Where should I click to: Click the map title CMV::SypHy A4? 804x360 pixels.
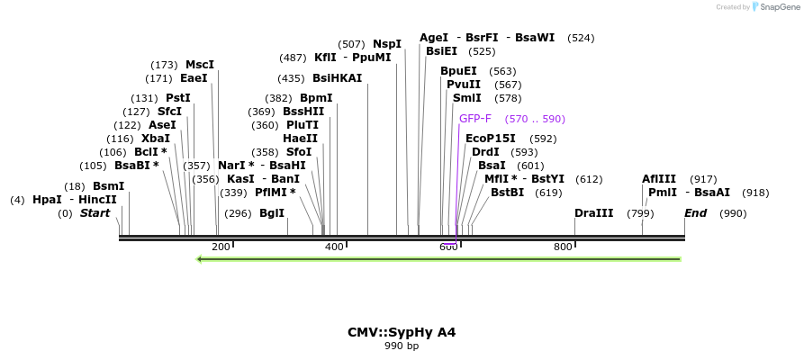402,332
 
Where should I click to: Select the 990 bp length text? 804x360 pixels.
402,346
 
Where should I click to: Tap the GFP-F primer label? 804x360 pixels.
475,119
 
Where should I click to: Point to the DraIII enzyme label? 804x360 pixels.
594,213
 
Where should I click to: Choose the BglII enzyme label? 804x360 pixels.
272,213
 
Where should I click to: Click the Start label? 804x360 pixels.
95,213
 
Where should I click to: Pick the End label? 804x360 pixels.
696,213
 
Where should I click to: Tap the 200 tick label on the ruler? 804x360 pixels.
221,247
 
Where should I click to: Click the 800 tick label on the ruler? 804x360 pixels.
563,247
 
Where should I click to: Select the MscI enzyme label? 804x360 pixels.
200,65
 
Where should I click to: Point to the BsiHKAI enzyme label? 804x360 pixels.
338,78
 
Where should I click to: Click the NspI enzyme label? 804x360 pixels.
387,44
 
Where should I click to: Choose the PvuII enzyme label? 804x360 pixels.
464,85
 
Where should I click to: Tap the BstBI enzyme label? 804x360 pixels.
507,193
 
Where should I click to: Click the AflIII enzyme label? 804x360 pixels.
661,179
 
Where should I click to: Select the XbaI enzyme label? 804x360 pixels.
156,139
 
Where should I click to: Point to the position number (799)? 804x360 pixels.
640,213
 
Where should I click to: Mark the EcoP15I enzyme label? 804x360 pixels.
491,139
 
